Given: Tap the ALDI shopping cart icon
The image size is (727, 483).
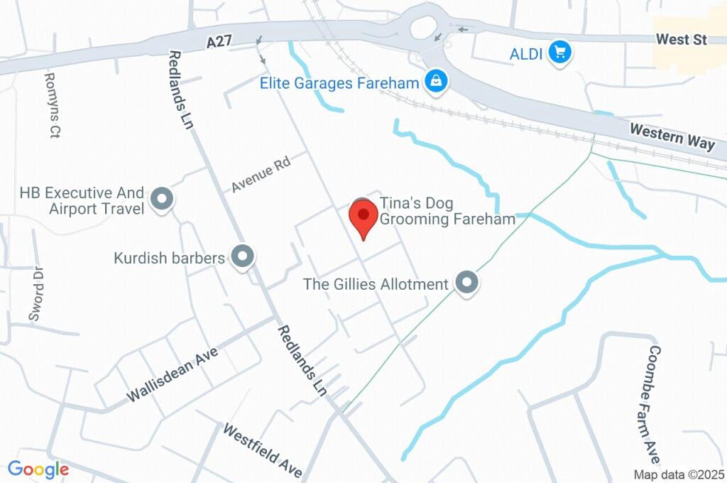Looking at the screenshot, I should click(x=560, y=52).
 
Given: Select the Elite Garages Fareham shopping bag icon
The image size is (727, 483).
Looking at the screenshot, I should click(x=436, y=82).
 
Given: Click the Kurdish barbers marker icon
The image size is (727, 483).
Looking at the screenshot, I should click(x=244, y=257).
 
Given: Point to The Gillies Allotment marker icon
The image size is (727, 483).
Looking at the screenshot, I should click(x=466, y=283).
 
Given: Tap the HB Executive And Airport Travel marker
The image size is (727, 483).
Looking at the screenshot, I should click(x=162, y=200).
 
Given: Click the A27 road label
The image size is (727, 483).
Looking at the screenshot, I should click(x=221, y=43).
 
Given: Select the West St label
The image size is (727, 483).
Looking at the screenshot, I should click(x=681, y=40).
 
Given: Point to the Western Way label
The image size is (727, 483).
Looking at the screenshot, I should click(x=672, y=136).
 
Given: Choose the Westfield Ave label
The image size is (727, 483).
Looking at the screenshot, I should click(x=263, y=450).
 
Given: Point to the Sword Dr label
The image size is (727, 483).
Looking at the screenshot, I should click(x=36, y=293).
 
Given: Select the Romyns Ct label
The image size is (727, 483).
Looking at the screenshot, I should click(x=51, y=105).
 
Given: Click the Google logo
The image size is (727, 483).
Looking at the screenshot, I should click(x=38, y=469).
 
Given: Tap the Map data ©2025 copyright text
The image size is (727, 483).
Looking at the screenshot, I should click(x=679, y=474).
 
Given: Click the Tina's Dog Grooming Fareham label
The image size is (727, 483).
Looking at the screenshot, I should click(x=447, y=211).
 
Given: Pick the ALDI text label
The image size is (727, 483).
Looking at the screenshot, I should click(x=528, y=53).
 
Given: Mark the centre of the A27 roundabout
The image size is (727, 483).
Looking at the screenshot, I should click(x=423, y=28).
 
